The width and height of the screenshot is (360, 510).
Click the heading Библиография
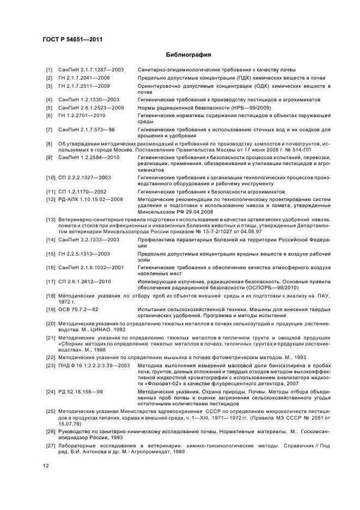pyautogui.click(x=188, y=55)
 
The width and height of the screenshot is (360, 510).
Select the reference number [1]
pyautogui.click(x=49, y=70)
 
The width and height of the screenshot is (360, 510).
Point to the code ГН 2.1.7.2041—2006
pyautogui.click(x=84, y=78)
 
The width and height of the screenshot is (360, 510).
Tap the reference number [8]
pyautogui.click(x=49, y=143)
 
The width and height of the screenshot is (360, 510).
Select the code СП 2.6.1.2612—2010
pyautogui.click(x=84, y=282)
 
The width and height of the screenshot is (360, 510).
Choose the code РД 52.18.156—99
pyautogui.click(x=81, y=392)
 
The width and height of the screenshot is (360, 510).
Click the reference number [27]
pyautogui.click(x=50, y=445)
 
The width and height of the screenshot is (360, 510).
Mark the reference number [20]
pyautogui.click(x=50, y=323)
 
